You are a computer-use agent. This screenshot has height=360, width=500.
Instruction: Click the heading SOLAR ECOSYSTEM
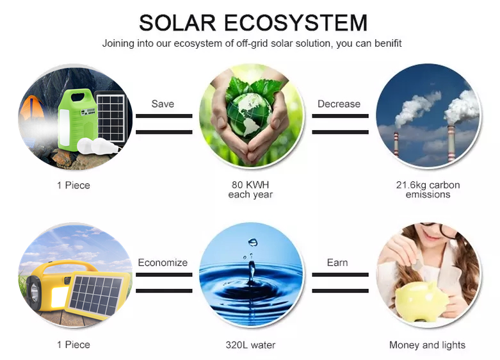click(x=253, y=23)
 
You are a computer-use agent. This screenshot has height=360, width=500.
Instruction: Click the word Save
click(x=163, y=104)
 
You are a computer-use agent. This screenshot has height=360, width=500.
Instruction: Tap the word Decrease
click(x=339, y=104)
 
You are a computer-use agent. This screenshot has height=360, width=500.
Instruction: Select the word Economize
click(x=163, y=263)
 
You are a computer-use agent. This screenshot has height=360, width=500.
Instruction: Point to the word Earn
click(x=337, y=263)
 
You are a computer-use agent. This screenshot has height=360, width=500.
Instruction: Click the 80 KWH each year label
click(x=250, y=190)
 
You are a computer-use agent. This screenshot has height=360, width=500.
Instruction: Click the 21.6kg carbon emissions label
click(x=428, y=190)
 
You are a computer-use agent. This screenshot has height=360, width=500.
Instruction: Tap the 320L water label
click(x=250, y=345)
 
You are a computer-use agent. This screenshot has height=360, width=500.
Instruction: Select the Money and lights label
click(x=427, y=345)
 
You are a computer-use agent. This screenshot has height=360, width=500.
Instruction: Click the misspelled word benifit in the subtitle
click(x=385, y=44)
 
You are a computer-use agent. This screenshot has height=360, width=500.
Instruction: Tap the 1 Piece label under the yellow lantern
click(x=74, y=345)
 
